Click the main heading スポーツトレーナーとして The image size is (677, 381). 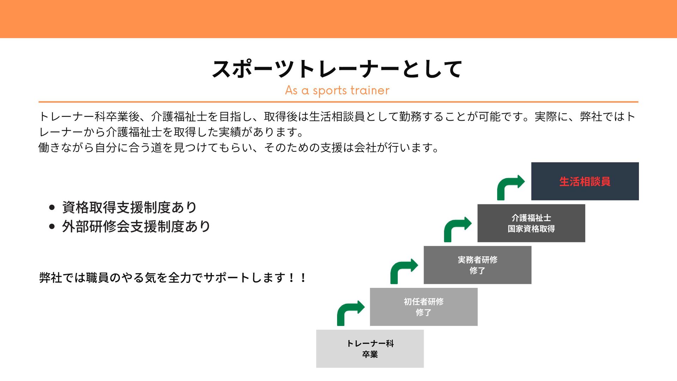(x=337, y=69)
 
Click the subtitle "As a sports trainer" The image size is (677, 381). (x=337, y=90)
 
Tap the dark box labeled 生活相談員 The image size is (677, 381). (x=585, y=181)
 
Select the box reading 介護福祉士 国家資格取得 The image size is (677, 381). (x=531, y=223)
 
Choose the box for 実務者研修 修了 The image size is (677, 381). (x=477, y=265)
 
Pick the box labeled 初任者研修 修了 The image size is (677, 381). (x=423, y=307)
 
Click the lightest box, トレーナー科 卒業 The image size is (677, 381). (x=370, y=349)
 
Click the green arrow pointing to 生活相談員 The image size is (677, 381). (x=510, y=187)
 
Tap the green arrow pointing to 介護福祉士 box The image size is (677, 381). (x=457, y=229)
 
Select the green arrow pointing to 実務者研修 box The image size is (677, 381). (x=403, y=271)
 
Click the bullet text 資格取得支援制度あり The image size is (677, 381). (x=129, y=207)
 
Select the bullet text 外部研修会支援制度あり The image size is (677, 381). (x=136, y=226)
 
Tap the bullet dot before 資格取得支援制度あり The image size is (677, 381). (x=52, y=207)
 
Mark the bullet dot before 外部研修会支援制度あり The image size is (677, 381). (x=52, y=226)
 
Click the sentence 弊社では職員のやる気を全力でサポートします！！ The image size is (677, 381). (x=173, y=278)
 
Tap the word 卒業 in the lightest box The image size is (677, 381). (x=370, y=354)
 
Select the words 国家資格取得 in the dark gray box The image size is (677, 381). (x=531, y=229)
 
